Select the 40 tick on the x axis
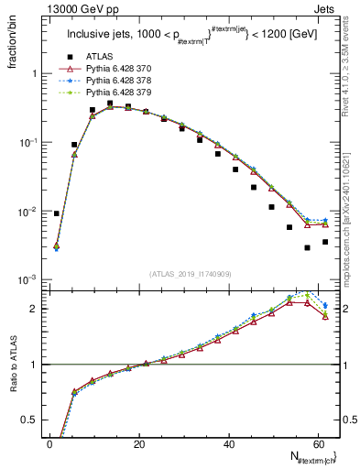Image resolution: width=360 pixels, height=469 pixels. pyautogui.click(x=228, y=443)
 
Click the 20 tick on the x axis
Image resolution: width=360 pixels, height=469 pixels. pyautogui.click(x=138, y=443)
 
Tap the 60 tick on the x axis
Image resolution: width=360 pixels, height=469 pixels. pyautogui.click(x=317, y=443)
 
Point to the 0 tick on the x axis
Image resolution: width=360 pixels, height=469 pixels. pyautogui.click(x=49, y=443)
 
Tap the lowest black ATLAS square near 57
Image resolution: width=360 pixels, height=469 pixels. pyautogui.click(x=308, y=247)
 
